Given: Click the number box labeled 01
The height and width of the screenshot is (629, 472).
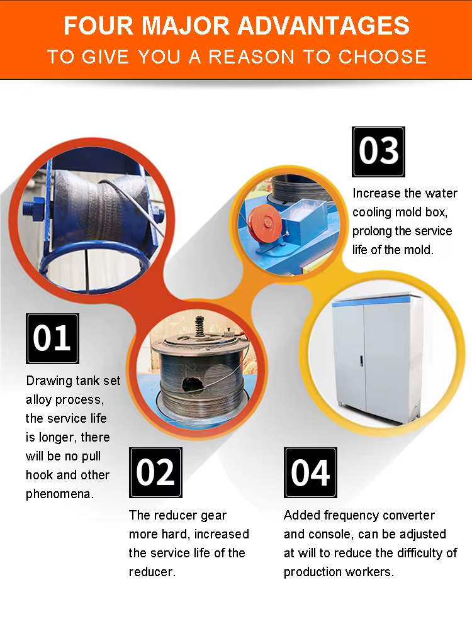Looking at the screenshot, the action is [x=52, y=338].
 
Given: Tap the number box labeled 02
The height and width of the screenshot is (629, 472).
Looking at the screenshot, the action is [x=155, y=472].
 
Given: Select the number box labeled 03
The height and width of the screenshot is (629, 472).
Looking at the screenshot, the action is [x=378, y=152].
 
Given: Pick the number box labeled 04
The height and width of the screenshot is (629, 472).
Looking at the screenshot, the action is [x=310, y=472].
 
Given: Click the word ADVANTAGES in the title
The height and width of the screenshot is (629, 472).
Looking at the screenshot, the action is [x=323, y=26].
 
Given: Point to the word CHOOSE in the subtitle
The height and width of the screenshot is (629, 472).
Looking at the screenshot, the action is [x=383, y=57].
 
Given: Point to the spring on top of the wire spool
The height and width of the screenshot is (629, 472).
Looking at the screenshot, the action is [x=199, y=327].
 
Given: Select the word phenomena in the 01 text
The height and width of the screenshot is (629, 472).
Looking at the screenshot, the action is [x=60, y=494].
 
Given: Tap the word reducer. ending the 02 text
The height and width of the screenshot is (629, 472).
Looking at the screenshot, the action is [x=152, y=572].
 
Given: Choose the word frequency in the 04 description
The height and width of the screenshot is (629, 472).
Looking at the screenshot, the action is [x=351, y=516].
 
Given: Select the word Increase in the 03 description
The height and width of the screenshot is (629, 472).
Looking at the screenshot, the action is [x=376, y=193].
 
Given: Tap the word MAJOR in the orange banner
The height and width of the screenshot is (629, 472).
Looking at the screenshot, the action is [x=186, y=26].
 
